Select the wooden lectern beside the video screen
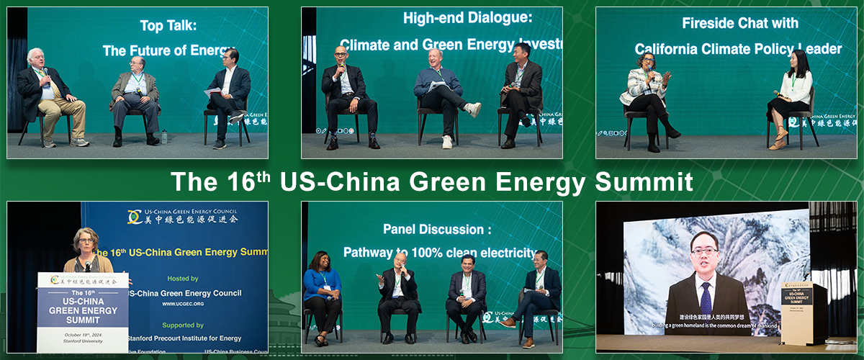coord(803,313)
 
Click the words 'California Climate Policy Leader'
coord(738,49)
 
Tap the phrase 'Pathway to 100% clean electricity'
coord(440,253)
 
